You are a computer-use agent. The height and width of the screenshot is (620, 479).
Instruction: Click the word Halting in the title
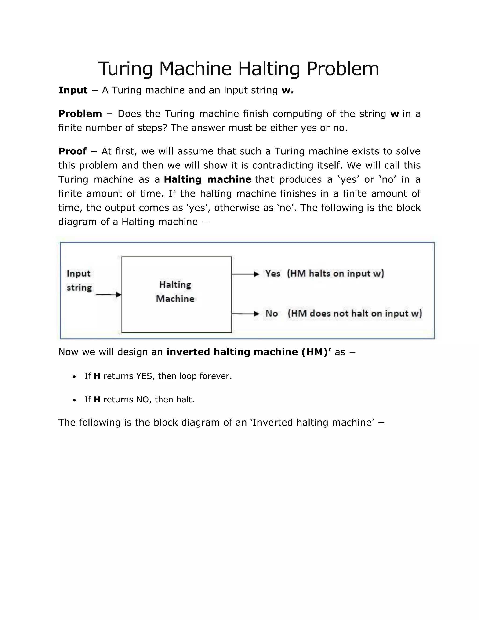[269, 69]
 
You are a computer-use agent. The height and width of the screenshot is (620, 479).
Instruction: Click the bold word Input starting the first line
[73, 90]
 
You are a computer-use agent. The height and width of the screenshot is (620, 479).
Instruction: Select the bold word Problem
[80, 114]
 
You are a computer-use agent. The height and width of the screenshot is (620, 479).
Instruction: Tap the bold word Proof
[72, 151]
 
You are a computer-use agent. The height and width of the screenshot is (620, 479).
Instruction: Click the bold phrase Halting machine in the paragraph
[207, 180]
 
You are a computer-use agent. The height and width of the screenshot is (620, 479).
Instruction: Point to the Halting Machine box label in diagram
[175, 292]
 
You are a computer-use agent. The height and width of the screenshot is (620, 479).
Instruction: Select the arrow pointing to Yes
[245, 274]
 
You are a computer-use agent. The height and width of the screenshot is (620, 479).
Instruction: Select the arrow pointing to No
[245, 314]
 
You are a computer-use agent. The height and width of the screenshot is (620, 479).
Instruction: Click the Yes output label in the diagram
[273, 274]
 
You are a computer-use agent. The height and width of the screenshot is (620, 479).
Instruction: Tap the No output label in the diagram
[272, 314]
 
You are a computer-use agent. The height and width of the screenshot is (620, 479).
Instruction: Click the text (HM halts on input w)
[335, 274]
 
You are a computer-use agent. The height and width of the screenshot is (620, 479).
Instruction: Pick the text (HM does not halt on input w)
[355, 314]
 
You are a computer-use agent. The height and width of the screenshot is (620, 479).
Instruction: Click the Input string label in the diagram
[79, 281]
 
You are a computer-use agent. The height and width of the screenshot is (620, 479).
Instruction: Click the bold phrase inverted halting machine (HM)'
[249, 352]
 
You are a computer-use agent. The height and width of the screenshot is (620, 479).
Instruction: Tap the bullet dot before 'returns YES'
[74, 377]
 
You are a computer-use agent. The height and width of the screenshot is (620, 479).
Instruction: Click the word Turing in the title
[125, 69]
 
